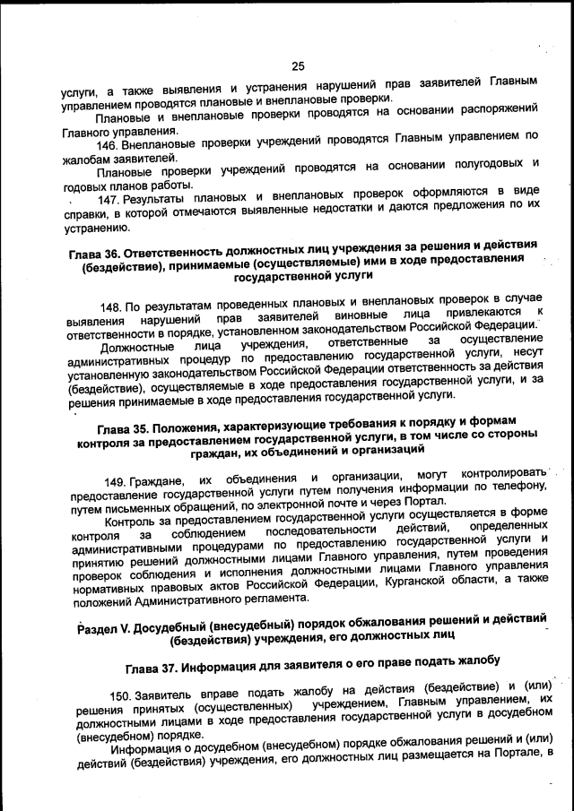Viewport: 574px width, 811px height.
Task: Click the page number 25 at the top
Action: click(x=298, y=65)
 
